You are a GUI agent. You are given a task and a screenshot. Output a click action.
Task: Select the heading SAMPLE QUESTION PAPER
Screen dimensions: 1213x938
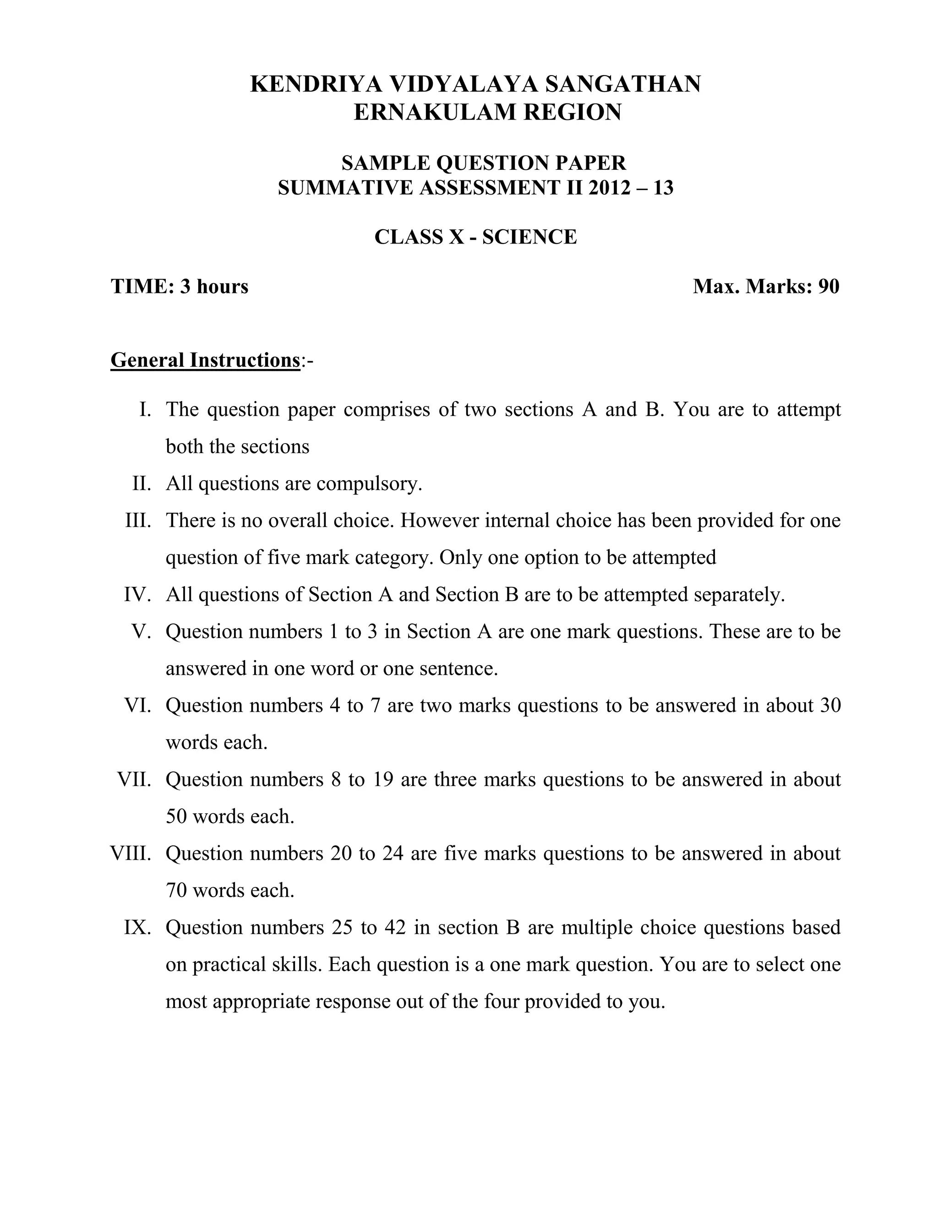(x=484, y=163)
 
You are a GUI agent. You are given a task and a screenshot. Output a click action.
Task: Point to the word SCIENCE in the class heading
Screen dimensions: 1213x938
(x=529, y=237)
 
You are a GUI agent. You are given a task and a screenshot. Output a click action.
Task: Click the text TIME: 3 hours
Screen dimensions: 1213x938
(x=180, y=287)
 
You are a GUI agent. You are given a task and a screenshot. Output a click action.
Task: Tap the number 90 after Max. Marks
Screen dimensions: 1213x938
(x=829, y=287)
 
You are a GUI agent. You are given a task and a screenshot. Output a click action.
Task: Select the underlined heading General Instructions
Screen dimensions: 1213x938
(x=205, y=360)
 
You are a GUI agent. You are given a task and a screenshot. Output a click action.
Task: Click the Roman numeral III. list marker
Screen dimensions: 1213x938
(x=138, y=520)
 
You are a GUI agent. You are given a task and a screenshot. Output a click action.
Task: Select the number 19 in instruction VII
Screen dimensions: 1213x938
(x=383, y=780)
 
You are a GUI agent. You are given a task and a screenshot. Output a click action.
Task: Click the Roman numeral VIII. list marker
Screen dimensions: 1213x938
(x=131, y=854)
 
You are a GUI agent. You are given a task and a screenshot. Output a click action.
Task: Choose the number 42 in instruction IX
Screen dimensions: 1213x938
(x=394, y=927)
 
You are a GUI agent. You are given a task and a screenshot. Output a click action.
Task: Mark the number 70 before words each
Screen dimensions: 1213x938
(x=176, y=890)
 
